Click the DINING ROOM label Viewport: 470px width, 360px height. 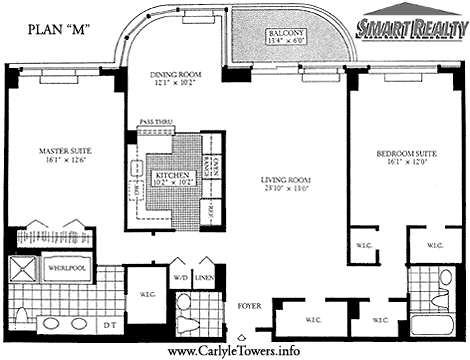click(x=176, y=75)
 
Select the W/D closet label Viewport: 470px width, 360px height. click(x=181, y=278)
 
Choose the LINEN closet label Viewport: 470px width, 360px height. click(x=205, y=278)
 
